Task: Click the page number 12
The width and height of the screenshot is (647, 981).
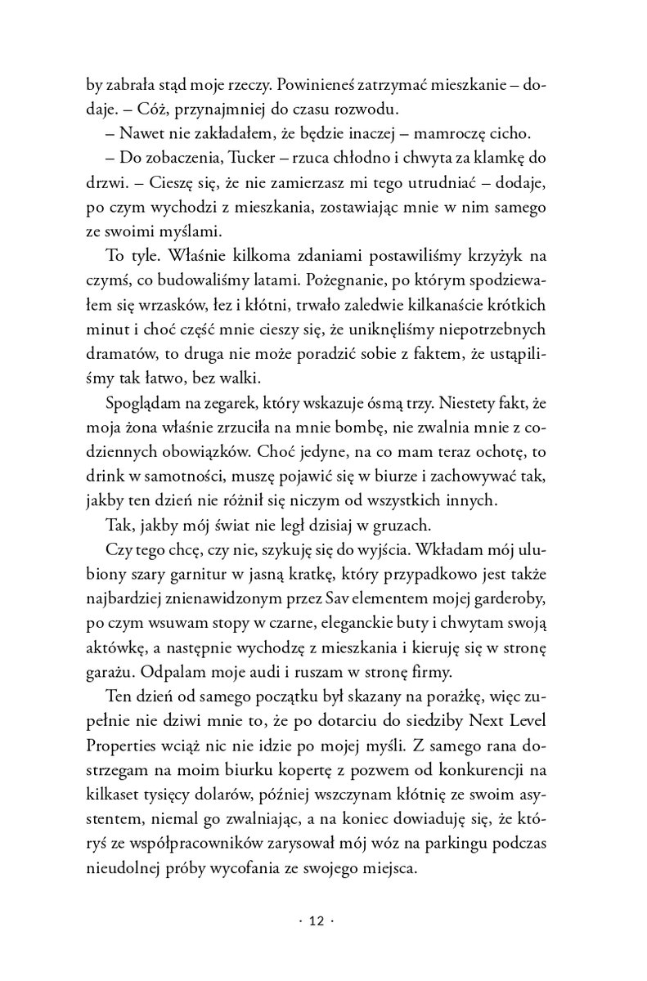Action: (x=317, y=921)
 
